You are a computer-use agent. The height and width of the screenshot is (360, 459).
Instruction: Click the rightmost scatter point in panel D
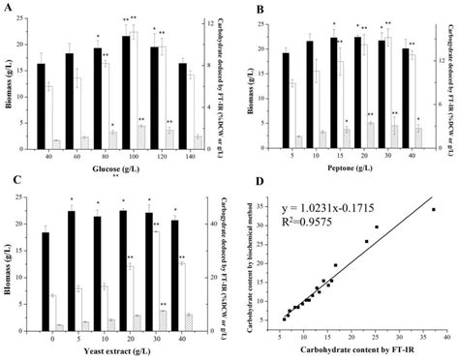(x=433, y=209)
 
